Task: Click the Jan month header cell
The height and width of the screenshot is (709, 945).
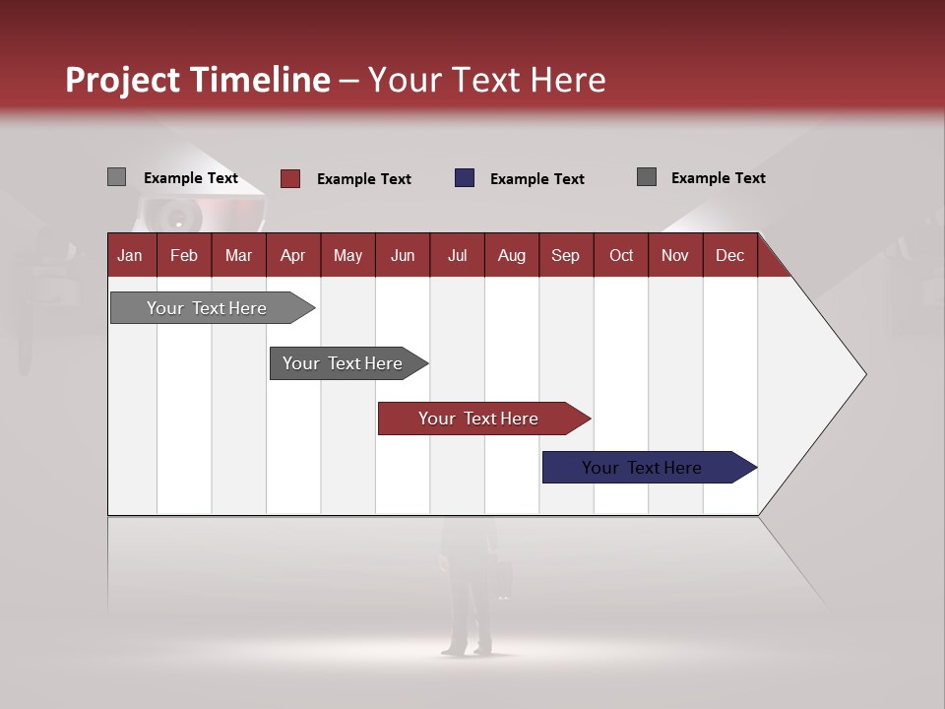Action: [x=131, y=255]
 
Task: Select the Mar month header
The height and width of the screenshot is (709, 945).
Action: [x=238, y=255]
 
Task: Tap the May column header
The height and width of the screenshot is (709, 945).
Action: [x=347, y=255]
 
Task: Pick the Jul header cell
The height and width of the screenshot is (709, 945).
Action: [x=457, y=255]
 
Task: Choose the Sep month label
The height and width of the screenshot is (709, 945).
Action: [x=565, y=255]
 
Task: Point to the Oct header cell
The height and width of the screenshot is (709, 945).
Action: [x=621, y=255]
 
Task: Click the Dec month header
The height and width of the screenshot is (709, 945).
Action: [x=729, y=255]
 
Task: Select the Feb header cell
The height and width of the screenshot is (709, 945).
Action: [x=184, y=255]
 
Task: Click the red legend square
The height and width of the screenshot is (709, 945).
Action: [x=290, y=178]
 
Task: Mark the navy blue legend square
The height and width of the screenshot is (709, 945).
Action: [x=465, y=178]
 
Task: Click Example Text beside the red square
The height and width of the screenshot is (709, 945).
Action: [x=363, y=179]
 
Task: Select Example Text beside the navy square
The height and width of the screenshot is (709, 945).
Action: [x=536, y=179]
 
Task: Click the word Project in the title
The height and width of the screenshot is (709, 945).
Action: [x=123, y=80]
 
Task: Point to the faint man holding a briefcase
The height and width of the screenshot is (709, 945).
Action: [x=470, y=591]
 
